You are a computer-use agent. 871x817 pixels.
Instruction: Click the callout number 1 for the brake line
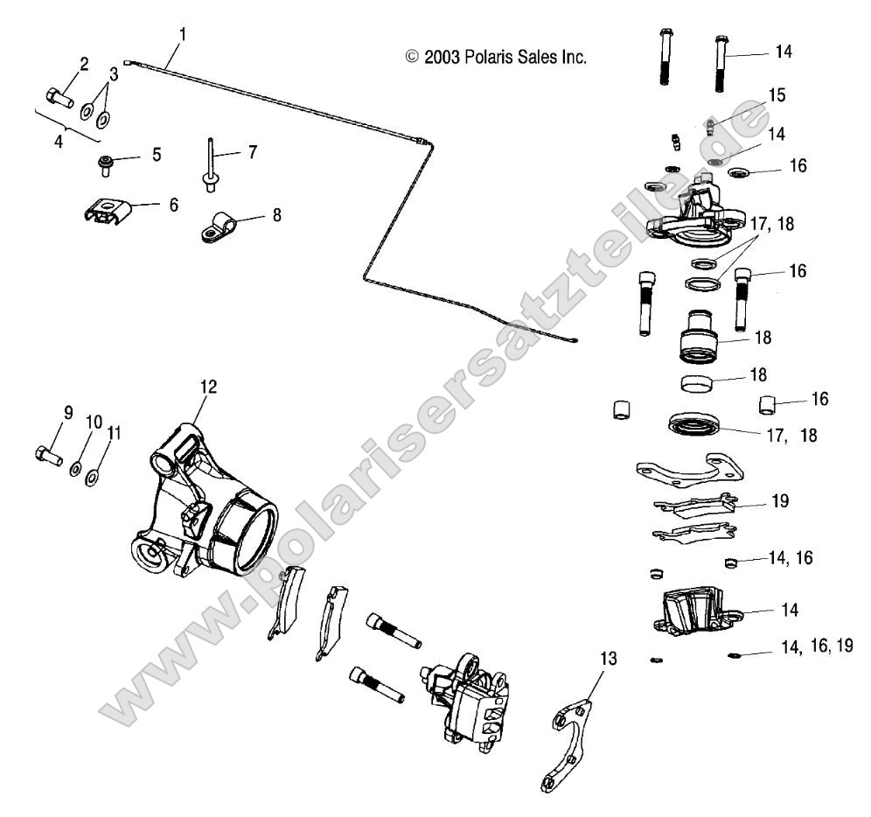click(182, 35)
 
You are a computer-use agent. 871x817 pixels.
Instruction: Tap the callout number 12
click(208, 385)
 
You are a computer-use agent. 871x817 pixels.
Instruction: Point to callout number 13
click(609, 658)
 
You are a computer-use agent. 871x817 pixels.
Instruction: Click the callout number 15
click(777, 94)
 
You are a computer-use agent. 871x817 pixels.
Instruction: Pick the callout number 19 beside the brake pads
click(780, 501)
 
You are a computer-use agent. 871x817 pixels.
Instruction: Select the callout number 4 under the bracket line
click(59, 140)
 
